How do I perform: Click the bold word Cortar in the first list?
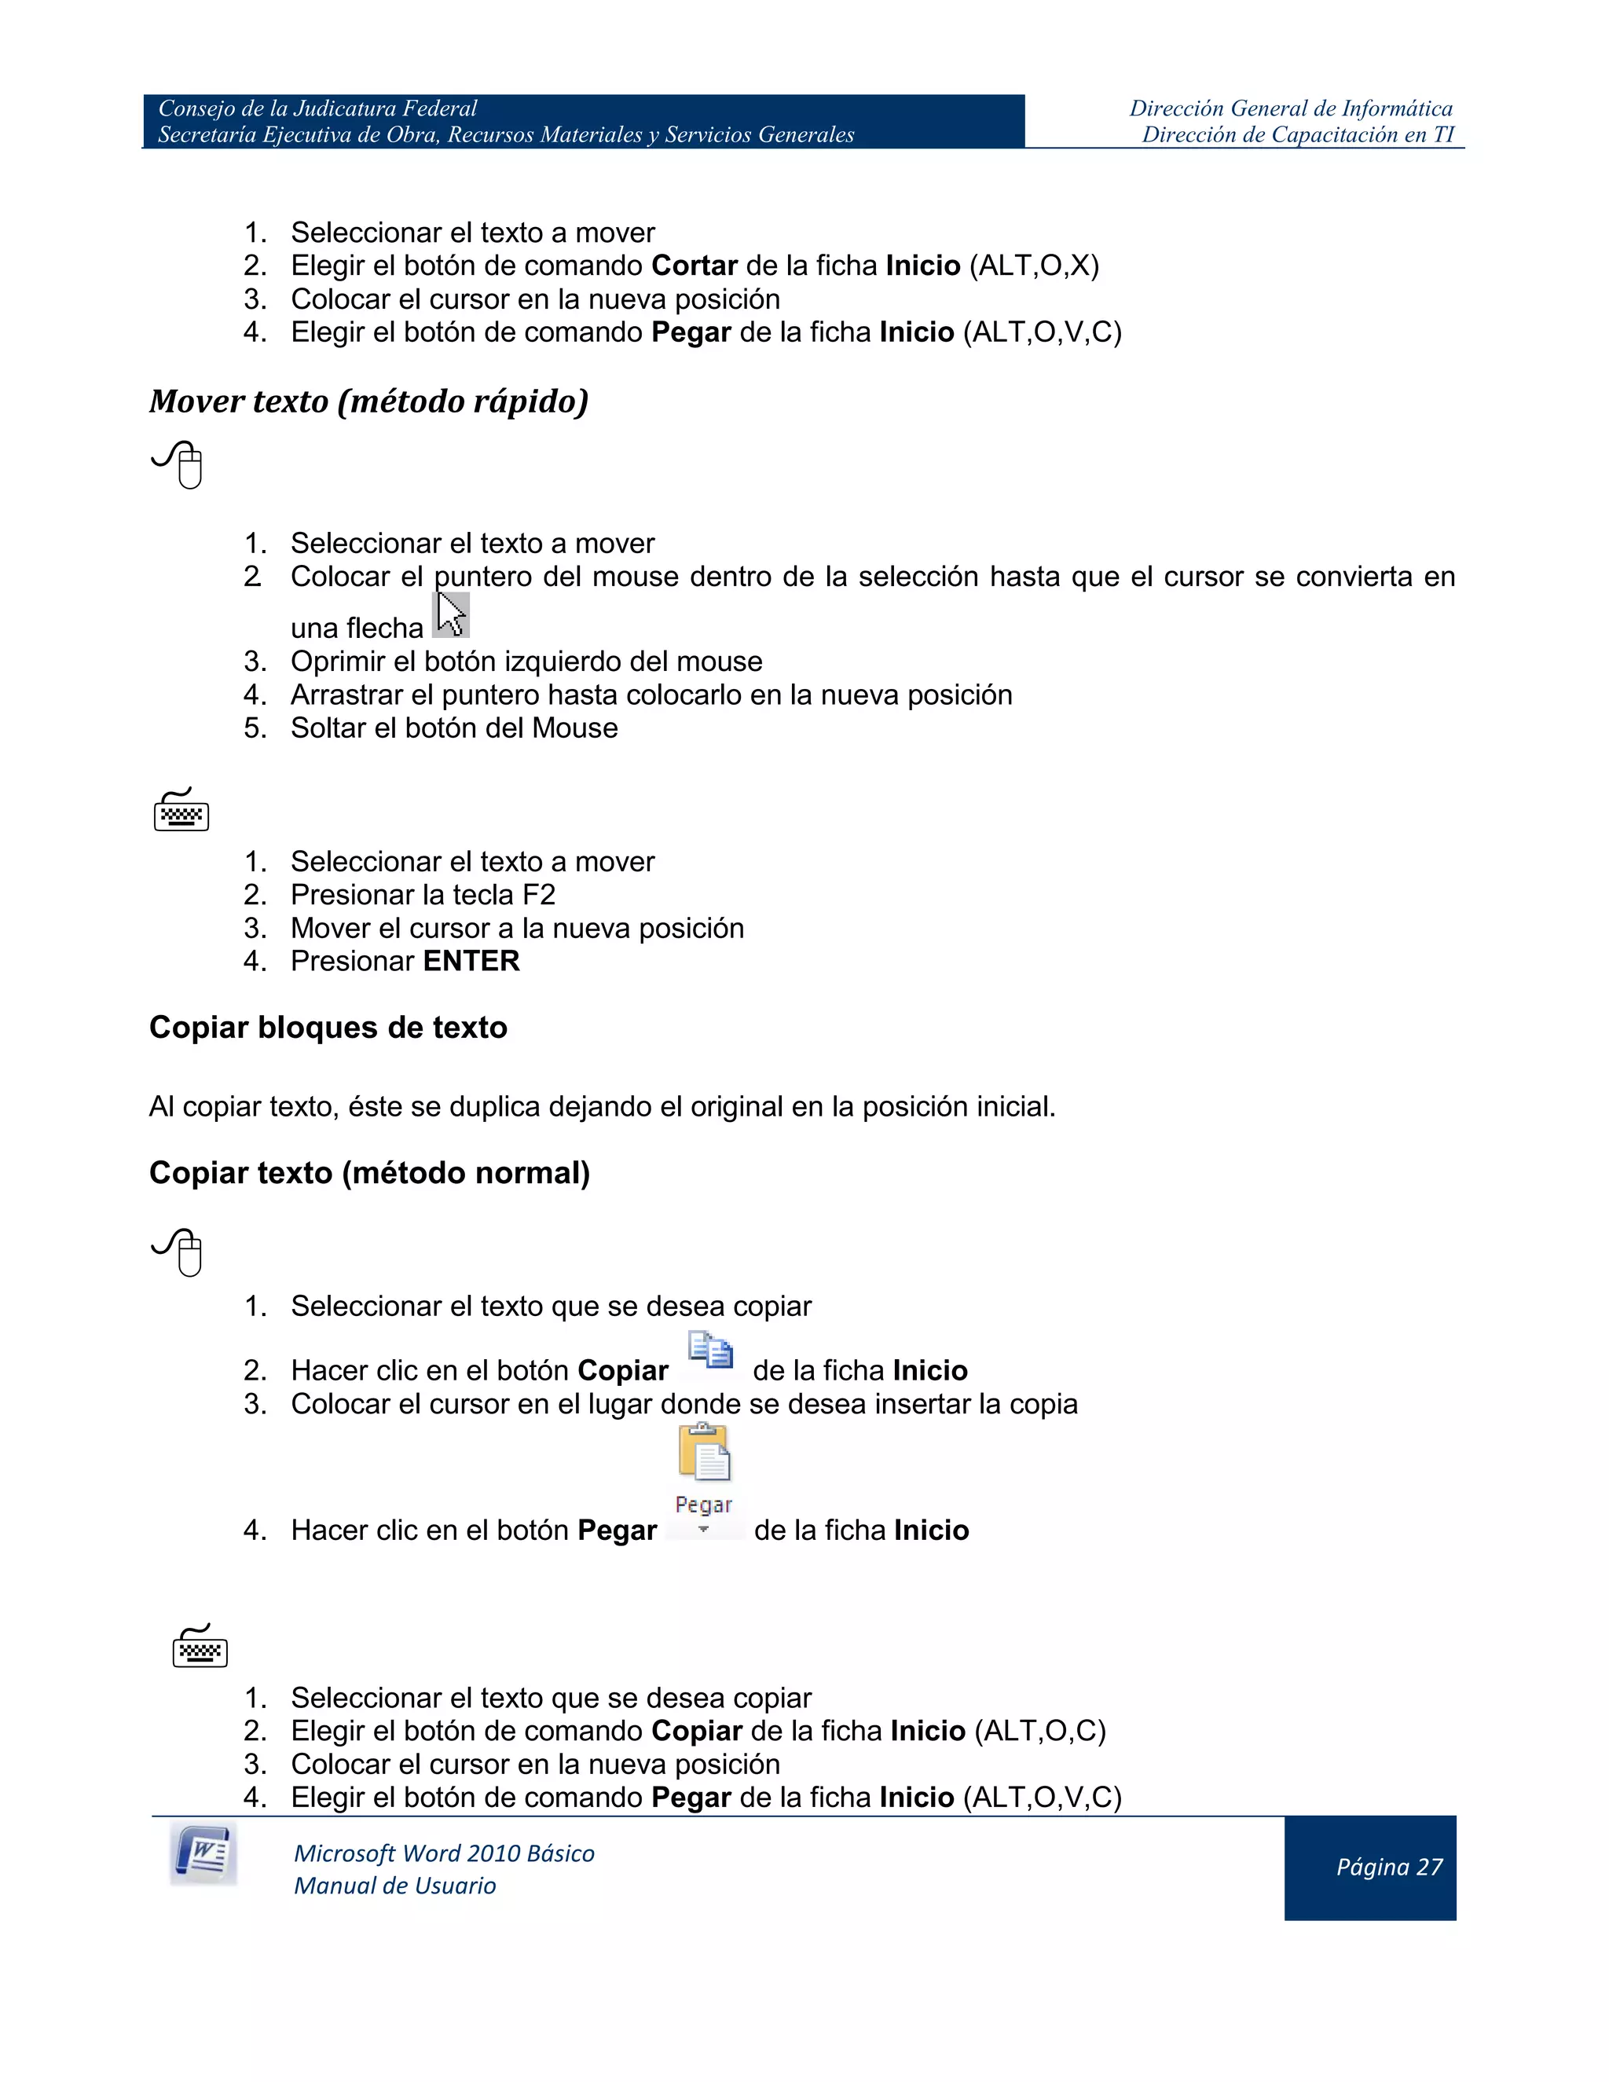[x=694, y=266]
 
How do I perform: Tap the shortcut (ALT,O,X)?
[x=1034, y=266]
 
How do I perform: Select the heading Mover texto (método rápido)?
[x=369, y=401]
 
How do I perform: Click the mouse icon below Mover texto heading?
[x=179, y=465]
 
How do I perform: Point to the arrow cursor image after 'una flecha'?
[x=451, y=615]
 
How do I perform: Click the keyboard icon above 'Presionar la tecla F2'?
[x=181, y=810]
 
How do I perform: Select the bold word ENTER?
[x=472, y=962]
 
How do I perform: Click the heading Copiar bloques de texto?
[x=328, y=1028]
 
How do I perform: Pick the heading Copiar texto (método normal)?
[x=370, y=1172]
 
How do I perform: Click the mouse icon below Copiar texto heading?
[x=179, y=1252]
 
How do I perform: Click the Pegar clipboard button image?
[x=705, y=1478]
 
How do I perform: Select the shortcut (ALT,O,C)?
[x=1040, y=1731]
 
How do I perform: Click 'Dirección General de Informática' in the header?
[x=1291, y=108]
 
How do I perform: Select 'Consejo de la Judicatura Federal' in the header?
[x=317, y=108]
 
